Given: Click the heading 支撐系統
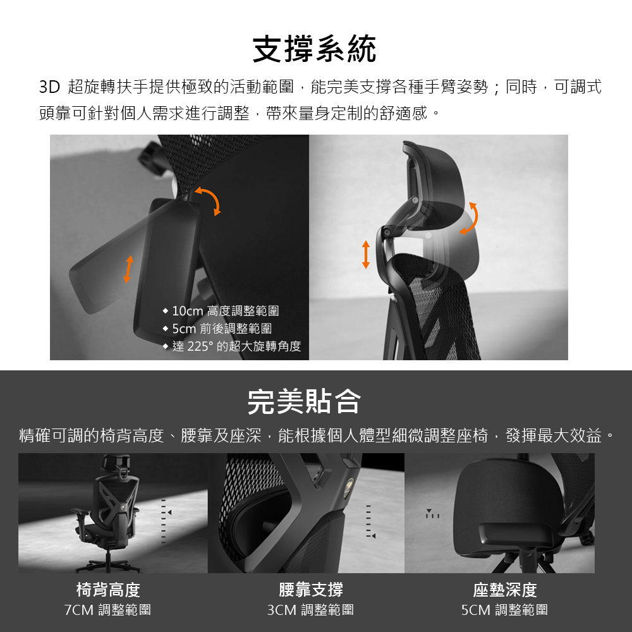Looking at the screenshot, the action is [x=314, y=49].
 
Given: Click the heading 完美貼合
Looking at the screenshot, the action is [x=305, y=401].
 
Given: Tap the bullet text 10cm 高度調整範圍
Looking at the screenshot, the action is [x=226, y=311].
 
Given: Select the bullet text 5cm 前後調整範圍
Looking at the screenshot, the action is [x=222, y=329].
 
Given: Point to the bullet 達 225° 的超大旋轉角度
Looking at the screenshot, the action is [x=236, y=346].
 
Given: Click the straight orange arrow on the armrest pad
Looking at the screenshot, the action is [x=128, y=269].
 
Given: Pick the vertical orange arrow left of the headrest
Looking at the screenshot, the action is [x=365, y=254].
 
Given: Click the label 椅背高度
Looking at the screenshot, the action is [x=108, y=590].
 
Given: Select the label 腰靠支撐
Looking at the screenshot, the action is [x=311, y=590].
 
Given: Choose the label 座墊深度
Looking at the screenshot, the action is [x=505, y=590].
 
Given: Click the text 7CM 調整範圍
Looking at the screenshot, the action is [x=107, y=610].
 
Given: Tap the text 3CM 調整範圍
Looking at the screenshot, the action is [x=311, y=610].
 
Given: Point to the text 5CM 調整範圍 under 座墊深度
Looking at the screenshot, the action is [x=504, y=610].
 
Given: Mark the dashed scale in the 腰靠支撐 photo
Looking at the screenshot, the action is [x=369, y=521].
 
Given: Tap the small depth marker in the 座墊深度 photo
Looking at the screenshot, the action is [x=432, y=513].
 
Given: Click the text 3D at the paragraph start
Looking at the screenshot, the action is [x=49, y=87].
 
